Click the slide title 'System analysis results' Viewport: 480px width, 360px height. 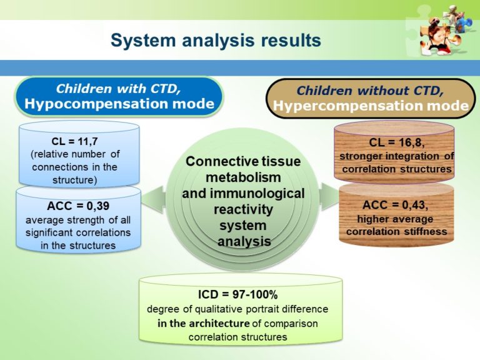216,41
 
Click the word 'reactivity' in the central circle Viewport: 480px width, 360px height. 243,209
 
